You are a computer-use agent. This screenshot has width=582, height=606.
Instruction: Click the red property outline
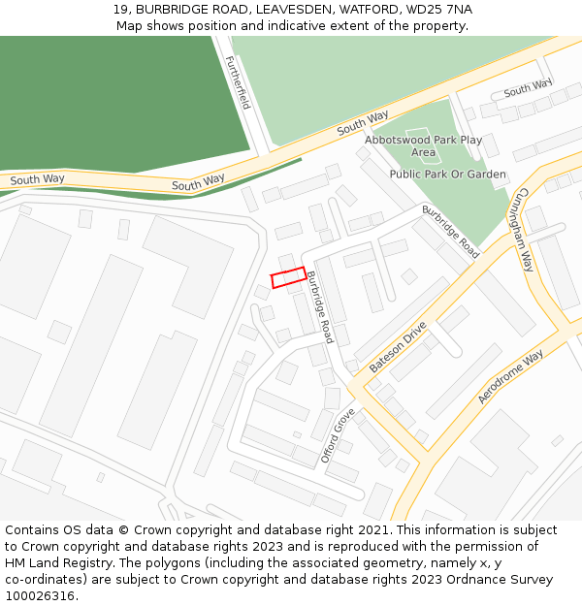(x=288, y=278)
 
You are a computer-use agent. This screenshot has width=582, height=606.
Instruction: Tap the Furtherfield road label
(x=238, y=82)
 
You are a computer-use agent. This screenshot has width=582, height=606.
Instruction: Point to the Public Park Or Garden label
(x=447, y=175)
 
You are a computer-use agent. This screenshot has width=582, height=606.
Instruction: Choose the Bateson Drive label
(x=398, y=347)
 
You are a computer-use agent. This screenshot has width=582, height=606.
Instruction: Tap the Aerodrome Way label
(x=510, y=378)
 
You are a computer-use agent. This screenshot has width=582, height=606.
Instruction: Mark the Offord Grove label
(x=338, y=435)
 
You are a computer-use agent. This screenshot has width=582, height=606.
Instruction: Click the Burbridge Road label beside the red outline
(x=321, y=307)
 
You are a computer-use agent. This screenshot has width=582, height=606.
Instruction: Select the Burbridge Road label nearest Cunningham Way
(x=450, y=231)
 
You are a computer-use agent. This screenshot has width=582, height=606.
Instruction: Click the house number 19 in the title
(x=120, y=9)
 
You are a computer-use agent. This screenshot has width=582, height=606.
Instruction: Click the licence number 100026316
(x=40, y=596)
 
